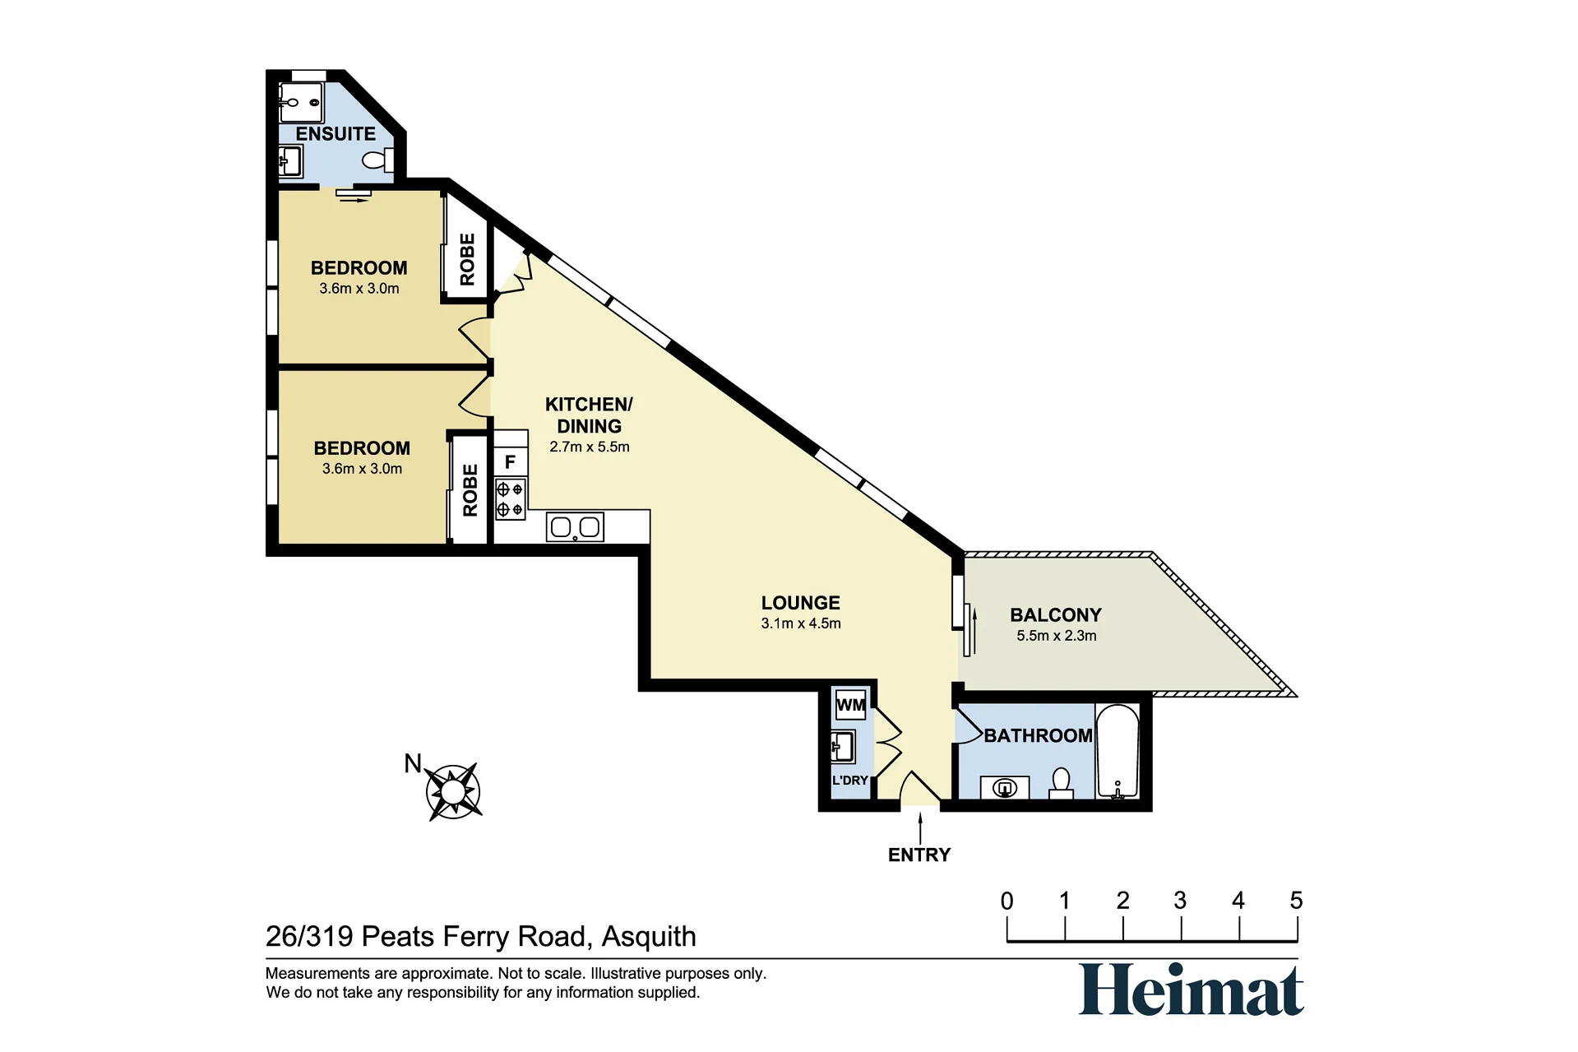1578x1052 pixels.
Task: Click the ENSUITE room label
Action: [335, 133]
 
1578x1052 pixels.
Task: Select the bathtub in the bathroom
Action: [1117, 752]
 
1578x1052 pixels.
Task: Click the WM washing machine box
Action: [850, 705]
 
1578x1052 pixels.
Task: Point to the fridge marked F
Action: [510, 462]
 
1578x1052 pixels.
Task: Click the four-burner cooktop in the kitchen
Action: [510, 499]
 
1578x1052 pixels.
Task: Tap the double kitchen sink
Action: [575, 526]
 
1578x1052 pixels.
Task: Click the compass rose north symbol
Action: [453, 791]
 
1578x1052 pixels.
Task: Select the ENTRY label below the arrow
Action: [919, 855]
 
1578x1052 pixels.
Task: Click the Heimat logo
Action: [1191, 989]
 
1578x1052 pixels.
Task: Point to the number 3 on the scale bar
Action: [1180, 901]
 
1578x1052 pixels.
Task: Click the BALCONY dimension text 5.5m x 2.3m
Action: [1057, 636]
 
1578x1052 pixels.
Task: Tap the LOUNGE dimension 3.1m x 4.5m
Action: [801, 623]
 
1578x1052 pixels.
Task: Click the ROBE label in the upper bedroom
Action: [467, 259]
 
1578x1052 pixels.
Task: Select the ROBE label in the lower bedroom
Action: [470, 490]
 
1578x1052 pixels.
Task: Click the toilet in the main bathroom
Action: [1062, 783]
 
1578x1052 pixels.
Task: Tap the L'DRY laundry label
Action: [850, 780]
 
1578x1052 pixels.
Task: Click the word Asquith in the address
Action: [649, 936]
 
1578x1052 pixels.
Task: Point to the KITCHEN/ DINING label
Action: [590, 415]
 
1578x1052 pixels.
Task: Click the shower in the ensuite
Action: [301, 103]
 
